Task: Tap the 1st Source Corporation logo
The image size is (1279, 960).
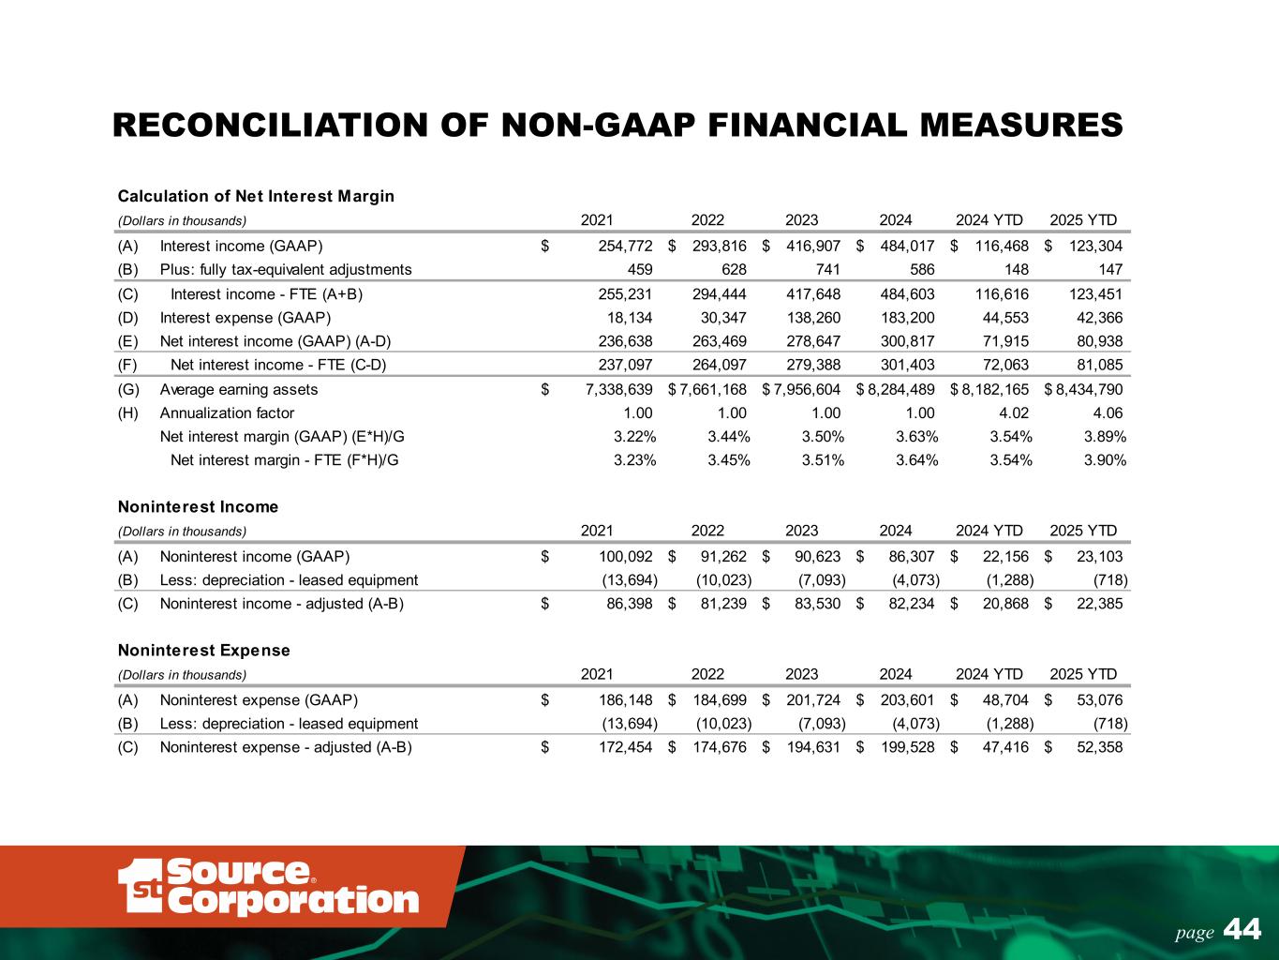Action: point(268,886)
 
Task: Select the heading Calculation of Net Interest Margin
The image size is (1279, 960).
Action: point(256,196)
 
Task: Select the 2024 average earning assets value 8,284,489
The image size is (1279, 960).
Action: point(900,390)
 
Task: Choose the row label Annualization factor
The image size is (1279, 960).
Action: point(227,413)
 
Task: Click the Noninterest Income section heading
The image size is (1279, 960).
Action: point(198,507)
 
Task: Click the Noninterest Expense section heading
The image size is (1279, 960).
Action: point(203,650)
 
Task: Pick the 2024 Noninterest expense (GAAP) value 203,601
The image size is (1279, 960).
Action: point(903,699)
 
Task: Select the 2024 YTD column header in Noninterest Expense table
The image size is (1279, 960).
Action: point(989,674)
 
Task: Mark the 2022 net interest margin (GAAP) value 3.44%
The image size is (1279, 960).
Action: point(728,437)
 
